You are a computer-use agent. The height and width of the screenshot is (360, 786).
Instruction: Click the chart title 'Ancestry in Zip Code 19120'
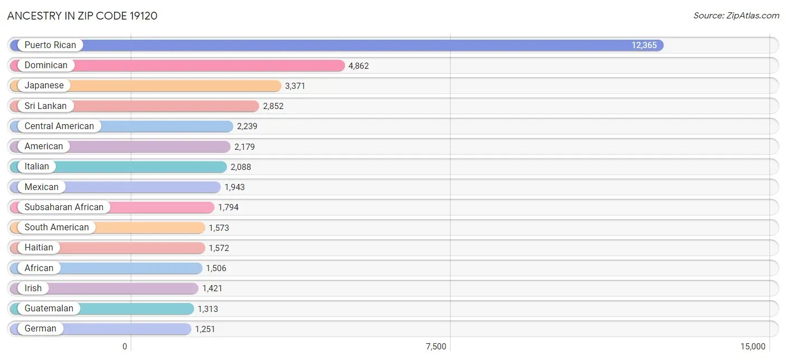coord(82,16)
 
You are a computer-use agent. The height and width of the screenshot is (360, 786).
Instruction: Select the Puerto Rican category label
coord(50,45)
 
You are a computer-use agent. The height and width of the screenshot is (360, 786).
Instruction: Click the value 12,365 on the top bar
coord(644,45)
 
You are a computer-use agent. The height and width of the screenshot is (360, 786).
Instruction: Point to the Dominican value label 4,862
coord(358,66)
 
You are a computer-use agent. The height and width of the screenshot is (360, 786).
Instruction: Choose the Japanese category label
coord(44,86)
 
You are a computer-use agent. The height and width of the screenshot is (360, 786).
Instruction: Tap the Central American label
coord(59,126)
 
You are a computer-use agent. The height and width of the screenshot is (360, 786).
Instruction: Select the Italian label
coord(36,167)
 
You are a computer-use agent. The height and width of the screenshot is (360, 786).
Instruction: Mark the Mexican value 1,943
coord(235,187)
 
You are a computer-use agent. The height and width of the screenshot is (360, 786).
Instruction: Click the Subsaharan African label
coord(64,207)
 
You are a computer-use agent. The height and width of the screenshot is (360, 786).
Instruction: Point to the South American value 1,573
coord(219,228)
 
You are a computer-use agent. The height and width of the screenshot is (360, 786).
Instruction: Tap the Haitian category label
coord(39,248)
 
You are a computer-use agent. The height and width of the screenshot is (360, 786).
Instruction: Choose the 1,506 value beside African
coord(216,268)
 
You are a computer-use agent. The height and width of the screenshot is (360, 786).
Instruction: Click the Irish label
coord(33,288)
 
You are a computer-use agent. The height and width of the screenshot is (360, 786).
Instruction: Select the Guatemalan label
coord(49,309)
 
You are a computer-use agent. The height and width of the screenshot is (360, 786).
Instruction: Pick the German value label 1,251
coord(205,329)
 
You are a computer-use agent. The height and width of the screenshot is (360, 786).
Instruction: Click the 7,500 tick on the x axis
coord(436,347)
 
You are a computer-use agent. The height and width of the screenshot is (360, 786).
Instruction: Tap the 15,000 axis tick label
coord(753,347)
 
